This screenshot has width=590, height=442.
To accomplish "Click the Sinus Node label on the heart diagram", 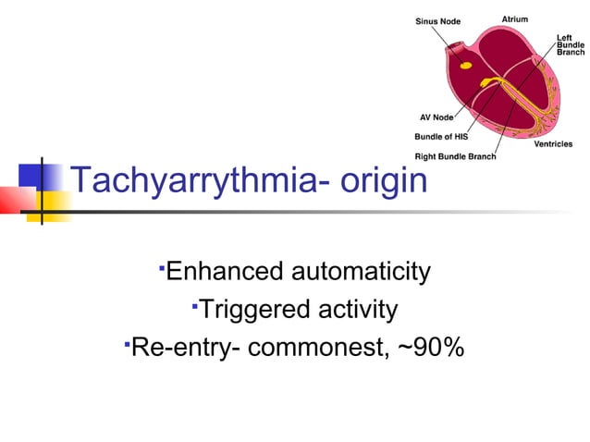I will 437,19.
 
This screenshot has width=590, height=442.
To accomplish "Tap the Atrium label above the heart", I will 515,18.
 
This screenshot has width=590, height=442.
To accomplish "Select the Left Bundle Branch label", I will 570,44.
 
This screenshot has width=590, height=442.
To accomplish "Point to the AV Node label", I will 436,117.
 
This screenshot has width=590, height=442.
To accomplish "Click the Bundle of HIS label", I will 441,137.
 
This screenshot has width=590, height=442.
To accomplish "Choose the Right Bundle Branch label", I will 455,156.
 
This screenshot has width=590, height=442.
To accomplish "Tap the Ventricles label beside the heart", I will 553,144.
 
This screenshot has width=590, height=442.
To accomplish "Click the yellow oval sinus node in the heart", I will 466,66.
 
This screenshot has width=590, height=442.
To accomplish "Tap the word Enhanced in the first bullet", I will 225,272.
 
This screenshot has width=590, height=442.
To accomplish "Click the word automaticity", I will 361,272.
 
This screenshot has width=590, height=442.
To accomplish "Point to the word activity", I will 356,310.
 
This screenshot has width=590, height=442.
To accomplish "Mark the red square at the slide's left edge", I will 14,199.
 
